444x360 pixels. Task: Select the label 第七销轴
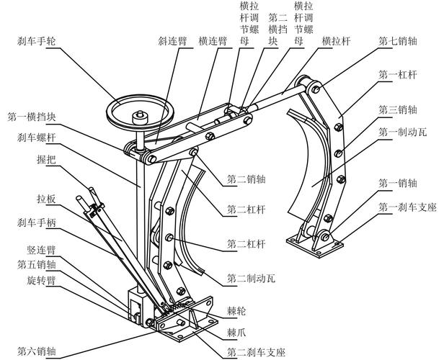(x=398, y=41)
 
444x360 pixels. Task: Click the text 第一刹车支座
(x=407, y=207)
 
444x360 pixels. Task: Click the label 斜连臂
(x=173, y=41)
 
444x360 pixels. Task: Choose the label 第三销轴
(x=398, y=109)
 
